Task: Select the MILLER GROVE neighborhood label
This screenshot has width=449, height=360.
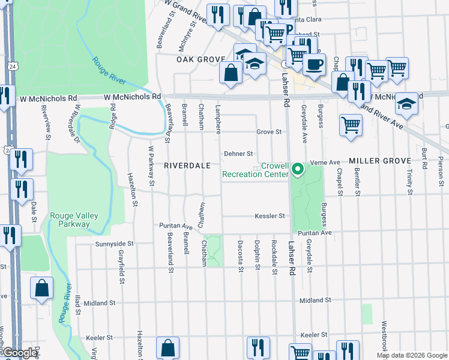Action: click(379, 161)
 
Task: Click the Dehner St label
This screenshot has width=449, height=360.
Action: click(239, 154)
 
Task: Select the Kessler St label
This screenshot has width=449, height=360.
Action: click(269, 215)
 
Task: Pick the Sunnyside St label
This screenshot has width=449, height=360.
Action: click(113, 244)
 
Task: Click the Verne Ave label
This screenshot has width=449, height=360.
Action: click(326, 162)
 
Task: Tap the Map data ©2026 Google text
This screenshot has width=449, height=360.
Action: click(412, 355)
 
